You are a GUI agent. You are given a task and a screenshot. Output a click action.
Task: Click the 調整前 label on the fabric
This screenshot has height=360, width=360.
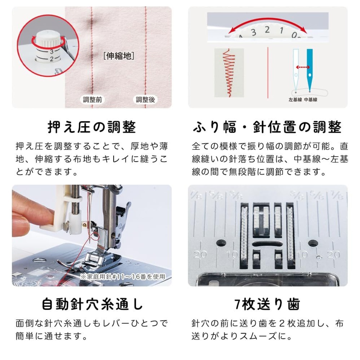click(92, 100)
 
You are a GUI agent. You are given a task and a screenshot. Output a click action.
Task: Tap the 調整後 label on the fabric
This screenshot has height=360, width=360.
click(145, 100)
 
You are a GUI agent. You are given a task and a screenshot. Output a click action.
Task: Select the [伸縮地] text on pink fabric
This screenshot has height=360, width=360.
click(119, 56)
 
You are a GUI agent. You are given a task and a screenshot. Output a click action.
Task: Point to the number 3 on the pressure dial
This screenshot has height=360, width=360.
click(52, 51)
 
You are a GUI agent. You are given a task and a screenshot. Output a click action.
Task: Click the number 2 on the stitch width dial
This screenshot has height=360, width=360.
click(267, 30)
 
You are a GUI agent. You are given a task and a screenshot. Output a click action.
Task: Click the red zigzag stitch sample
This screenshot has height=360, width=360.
click(229, 73)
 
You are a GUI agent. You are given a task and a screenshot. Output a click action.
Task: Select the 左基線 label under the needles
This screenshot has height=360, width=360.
click(295, 100)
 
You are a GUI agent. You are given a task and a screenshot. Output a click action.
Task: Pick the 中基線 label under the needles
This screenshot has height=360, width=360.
click(310, 100)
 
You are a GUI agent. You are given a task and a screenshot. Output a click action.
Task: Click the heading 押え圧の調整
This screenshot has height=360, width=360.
click(92, 127)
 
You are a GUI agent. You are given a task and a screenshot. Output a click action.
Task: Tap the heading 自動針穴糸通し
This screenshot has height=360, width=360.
click(92, 305)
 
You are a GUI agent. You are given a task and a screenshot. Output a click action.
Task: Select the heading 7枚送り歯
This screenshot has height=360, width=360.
click(267, 305)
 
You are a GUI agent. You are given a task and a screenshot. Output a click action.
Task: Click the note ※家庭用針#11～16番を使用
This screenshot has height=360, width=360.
click(123, 276)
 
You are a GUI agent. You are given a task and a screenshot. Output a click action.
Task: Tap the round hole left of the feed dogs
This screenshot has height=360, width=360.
click(221, 243)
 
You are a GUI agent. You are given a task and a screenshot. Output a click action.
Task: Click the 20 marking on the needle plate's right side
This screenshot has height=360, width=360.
click(334, 255)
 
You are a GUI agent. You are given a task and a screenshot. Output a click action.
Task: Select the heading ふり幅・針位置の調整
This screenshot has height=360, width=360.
click(267, 127)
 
